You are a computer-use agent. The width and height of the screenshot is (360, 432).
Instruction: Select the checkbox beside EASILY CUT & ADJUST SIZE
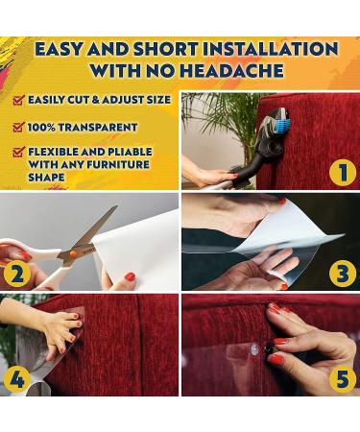coord(19,100)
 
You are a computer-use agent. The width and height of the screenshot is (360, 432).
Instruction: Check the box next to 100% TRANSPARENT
coord(19,127)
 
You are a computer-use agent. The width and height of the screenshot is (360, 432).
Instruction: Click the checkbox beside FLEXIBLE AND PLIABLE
coord(19,152)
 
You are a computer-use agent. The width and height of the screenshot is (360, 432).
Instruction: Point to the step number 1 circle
coord(343,172)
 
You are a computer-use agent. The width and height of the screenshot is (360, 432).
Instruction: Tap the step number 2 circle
coord(17,274)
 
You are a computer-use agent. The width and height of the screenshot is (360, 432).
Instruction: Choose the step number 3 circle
coord(343,274)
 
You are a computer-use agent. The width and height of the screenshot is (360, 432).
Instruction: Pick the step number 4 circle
coord(17,379)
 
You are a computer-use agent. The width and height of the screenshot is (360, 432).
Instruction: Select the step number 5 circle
coord(343,379)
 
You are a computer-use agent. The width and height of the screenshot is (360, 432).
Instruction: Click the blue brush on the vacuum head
coord(282,122)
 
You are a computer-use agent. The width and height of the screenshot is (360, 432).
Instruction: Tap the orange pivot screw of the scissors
coord(73,253)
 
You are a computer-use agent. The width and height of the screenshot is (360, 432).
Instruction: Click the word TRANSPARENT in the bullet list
coord(98,127)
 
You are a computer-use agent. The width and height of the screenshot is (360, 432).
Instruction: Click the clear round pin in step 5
coord(255,348)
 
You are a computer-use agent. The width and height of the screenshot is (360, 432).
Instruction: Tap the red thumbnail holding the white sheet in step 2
coord(131,276)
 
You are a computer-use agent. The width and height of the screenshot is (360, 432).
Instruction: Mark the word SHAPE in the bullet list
coord(46,178)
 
